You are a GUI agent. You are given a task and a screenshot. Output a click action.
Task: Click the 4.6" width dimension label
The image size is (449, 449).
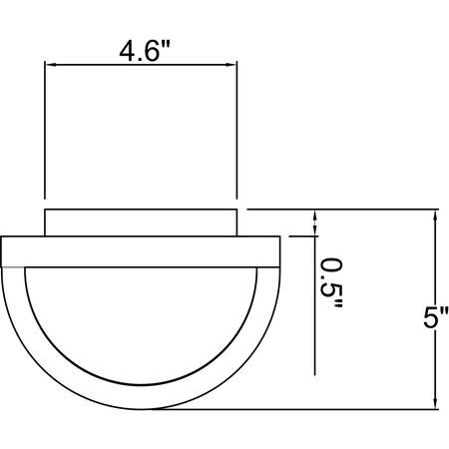(x=145, y=52)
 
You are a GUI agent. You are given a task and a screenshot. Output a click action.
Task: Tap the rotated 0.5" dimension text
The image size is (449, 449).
(x=331, y=282)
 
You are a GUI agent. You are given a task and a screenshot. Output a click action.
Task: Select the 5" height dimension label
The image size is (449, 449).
(x=436, y=317)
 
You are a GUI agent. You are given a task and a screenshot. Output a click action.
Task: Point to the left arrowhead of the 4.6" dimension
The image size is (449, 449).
(x=50, y=65)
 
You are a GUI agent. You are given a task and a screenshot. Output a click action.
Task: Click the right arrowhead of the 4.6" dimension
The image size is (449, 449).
(x=231, y=65)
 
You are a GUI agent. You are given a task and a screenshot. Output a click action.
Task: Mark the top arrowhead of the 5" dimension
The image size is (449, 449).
(x=435, y=215)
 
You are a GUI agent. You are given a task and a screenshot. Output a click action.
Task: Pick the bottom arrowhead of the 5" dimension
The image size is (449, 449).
(x=435, y=404)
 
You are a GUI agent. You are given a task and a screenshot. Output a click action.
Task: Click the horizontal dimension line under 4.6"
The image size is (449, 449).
(x=141, y=65)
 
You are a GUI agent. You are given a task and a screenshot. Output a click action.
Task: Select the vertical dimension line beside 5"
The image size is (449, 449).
(x=435, y=309)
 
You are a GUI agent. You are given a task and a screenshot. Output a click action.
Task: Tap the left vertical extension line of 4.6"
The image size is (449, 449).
(x=45, y=130)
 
